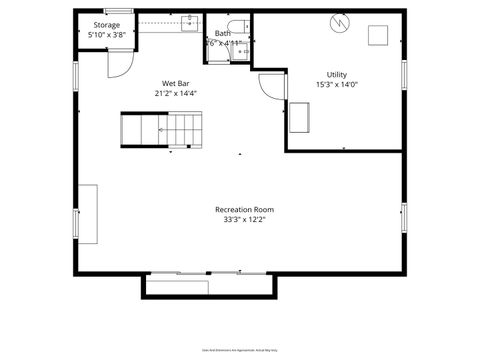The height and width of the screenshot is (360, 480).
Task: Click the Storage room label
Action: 107,25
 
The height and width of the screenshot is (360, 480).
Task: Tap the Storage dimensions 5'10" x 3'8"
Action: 107,35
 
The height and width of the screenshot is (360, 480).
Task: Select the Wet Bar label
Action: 175,83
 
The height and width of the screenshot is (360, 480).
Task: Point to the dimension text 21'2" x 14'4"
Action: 175,93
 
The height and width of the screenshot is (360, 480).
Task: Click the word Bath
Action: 221,33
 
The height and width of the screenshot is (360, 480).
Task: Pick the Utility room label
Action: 336,75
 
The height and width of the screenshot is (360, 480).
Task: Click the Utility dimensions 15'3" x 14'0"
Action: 336,85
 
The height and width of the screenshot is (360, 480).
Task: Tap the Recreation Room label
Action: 244,209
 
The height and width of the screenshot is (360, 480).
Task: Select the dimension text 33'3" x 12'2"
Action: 244,220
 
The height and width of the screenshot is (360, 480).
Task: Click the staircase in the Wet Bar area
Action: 160,129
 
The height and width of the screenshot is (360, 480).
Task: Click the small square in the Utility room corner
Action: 378,35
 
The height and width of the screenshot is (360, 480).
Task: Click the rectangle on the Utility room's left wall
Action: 298,116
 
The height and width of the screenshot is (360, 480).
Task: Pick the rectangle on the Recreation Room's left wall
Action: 88,213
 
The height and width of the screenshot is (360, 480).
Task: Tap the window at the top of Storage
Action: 119,11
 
